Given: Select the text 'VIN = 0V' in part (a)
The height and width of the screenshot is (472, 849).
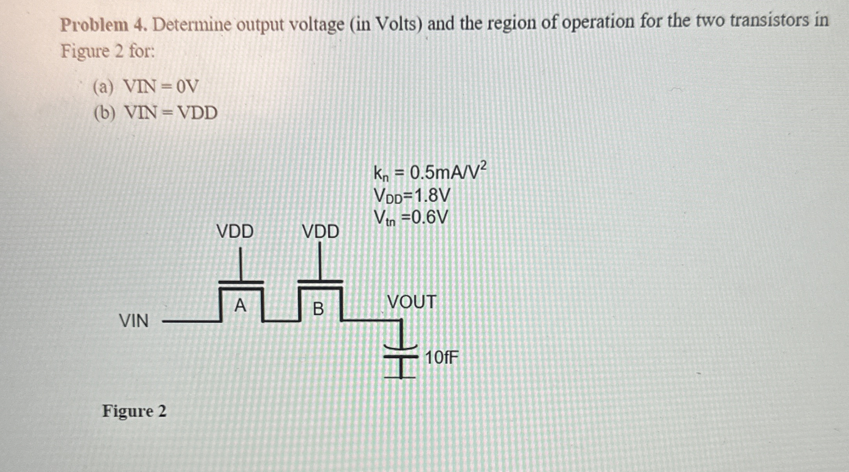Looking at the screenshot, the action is pos(161,86).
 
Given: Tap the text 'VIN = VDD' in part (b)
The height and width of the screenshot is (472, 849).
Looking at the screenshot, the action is pos(170,113).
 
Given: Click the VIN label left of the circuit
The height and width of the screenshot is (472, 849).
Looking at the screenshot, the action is pos(134,321).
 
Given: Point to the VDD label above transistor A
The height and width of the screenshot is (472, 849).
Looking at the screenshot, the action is pos(235,232).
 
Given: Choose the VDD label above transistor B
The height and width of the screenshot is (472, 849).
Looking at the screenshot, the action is pos(321,232).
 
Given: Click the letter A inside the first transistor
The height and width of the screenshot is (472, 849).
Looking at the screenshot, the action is pos(240,306).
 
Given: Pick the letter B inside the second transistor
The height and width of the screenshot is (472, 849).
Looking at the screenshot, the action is pos(318,309).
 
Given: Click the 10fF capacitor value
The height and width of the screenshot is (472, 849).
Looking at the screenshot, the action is pos(442,357).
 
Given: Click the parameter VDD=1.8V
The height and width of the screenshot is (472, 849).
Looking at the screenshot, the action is pos(411,196).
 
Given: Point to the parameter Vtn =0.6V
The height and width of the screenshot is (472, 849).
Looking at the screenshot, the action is pos(411,218).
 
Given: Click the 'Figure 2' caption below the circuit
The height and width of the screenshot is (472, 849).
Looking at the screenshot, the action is pos(134,411).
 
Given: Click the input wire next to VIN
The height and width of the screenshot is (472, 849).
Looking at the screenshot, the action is pos(191,321).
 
